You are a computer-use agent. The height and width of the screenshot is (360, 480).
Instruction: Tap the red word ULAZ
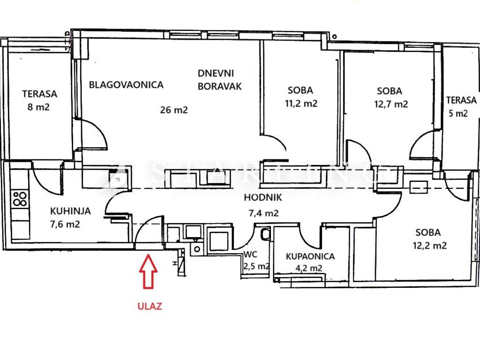click(149, 307)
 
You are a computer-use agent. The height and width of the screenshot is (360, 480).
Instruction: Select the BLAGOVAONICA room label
click(126, 85)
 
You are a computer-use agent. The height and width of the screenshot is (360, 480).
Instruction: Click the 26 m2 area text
click(173, 110)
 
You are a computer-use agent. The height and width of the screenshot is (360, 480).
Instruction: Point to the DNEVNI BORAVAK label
click(219, 80)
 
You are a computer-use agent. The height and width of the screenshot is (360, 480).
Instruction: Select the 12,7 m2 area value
click(390, 104)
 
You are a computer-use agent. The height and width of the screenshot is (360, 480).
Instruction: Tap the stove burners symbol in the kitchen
click(20, 199)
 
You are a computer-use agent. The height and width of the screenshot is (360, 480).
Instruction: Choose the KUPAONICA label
click(310, 256)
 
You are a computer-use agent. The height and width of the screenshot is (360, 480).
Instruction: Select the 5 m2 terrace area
click(457, 113)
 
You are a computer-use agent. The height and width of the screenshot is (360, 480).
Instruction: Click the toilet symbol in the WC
click(265, 234)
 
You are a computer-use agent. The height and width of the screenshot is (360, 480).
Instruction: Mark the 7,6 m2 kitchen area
click(65, 224)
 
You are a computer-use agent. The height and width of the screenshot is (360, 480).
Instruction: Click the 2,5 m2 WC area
click(256, 266)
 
